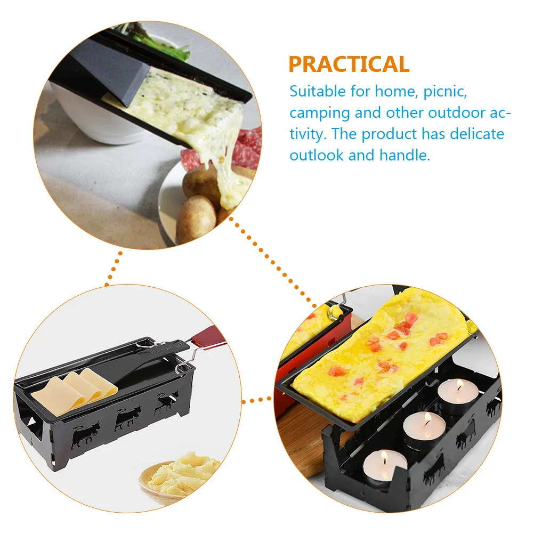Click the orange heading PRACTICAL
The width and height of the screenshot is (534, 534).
[349, 64]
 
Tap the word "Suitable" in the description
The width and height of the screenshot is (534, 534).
[318, 91]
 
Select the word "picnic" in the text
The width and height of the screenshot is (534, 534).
[446, 91]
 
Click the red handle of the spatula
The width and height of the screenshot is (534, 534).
[205, 336]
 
